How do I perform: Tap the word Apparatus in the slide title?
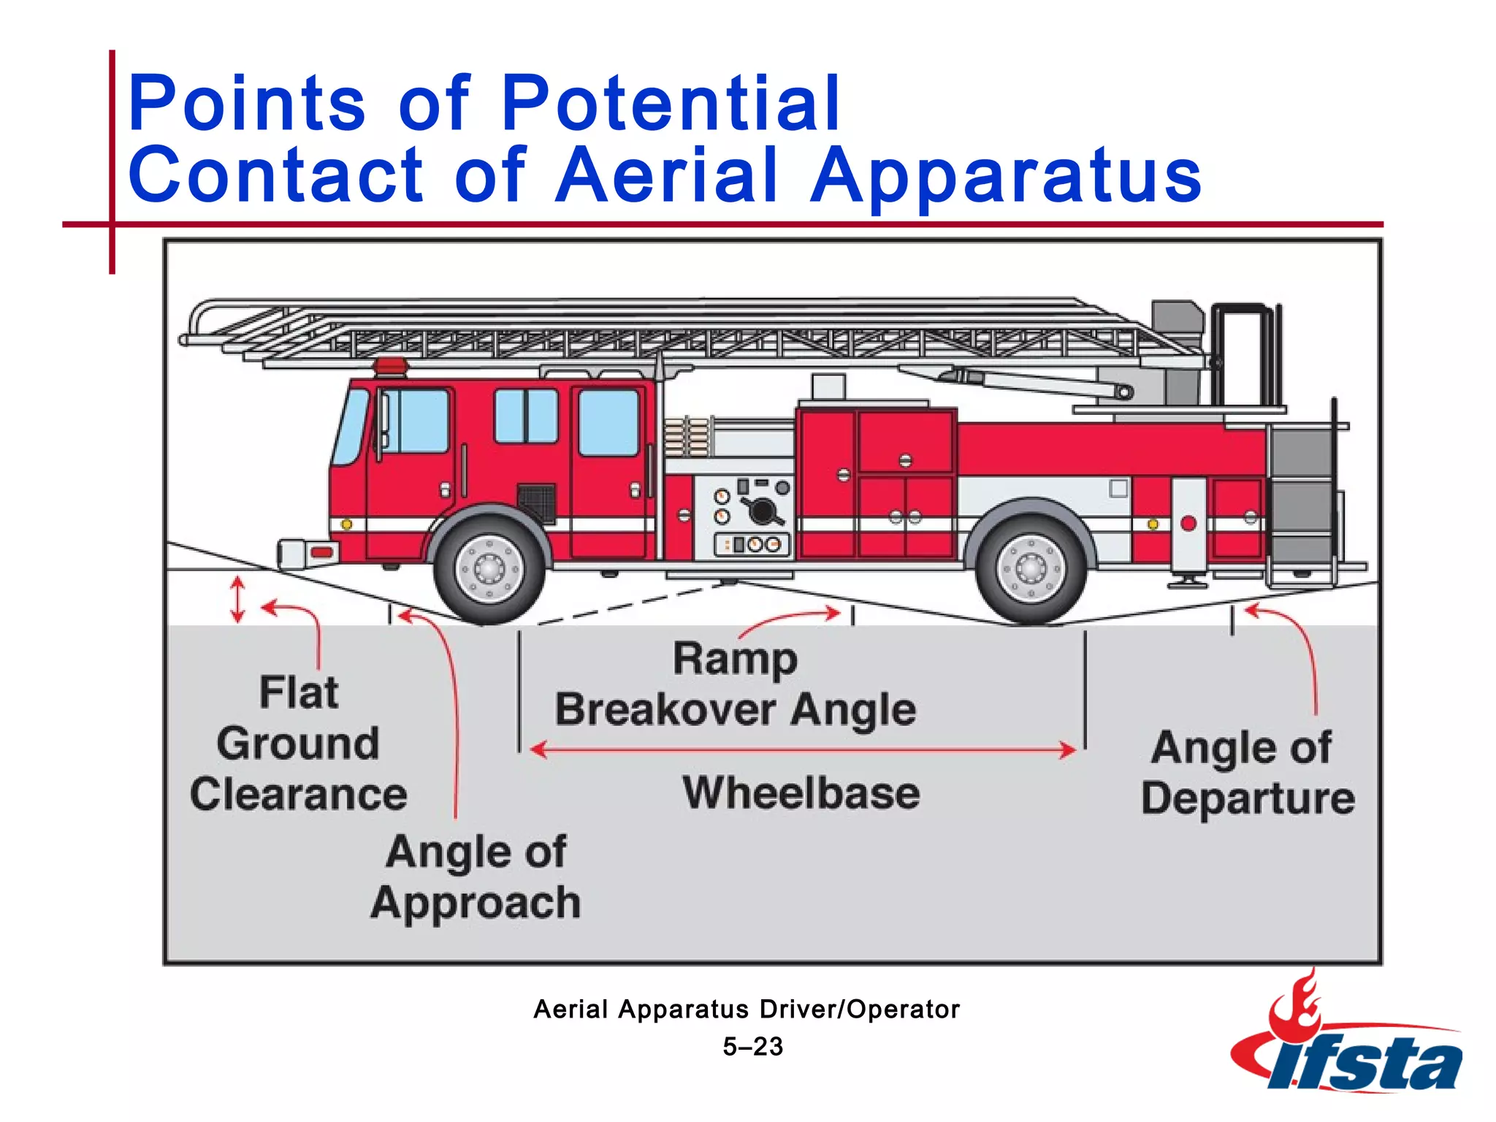1006,175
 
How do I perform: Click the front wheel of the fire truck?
489,568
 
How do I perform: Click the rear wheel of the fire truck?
1031,568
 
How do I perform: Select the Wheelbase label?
801,793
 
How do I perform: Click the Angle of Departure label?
1247,772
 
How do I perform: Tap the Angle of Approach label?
476,877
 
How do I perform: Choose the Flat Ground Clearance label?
298,743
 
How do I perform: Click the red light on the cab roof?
390,365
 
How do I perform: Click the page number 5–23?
752,1047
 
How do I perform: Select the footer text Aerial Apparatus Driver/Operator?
747,1010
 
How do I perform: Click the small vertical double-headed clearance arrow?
237,600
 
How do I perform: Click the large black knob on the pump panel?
761,511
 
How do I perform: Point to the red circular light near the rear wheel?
1188,523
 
